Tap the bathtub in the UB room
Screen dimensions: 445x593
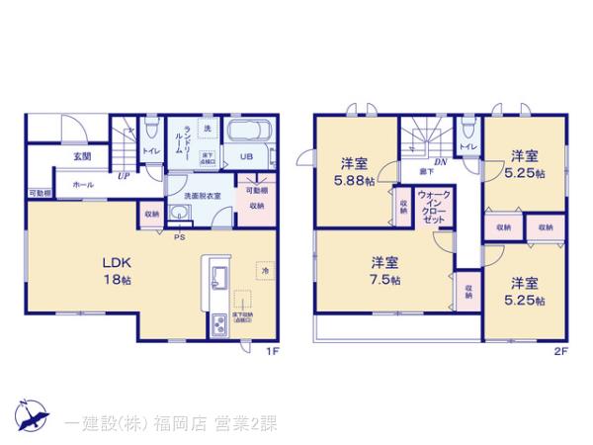pos(254,133)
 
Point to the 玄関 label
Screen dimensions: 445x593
pos(82,156)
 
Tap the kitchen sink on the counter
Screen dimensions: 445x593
pos(216,275)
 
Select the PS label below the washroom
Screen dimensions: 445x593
pos(179,237)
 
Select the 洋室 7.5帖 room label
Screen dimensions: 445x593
pos(384,269)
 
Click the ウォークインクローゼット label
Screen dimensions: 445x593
pos(431,207)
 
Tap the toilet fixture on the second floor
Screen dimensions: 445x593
pos(468,130)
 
